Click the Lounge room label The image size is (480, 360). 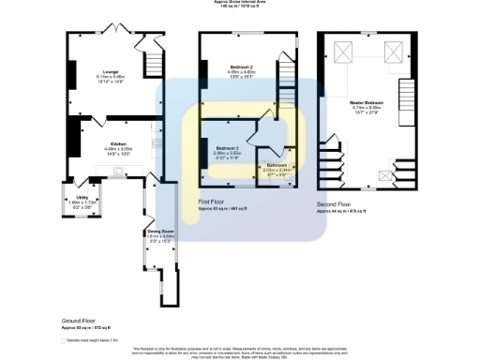(111, 70)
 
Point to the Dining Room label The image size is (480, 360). (160, 231)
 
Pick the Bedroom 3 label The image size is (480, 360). (228, 149)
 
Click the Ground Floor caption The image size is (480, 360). (77, 320)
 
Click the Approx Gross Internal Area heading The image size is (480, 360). (241, 3)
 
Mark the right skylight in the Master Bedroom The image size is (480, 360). (395, 51)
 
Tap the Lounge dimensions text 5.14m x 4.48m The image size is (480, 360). (111, 77)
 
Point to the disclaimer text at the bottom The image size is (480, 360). (241, 351)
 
